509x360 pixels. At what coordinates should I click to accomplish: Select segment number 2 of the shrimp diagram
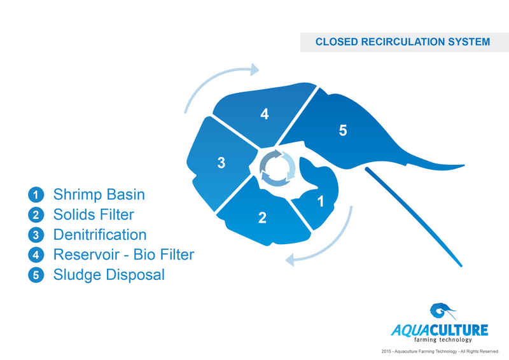pyautogui.click(x=262, y=218)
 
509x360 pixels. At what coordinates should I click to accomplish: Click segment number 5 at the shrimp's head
pyautogui.click(x=343, y=130)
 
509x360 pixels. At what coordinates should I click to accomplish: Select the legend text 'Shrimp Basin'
pyautogui.click(x=99, y=194)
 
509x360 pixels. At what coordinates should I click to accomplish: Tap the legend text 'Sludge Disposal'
pyautogui.click(x=109, y=275)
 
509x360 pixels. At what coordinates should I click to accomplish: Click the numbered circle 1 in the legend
pyautogui.click(x=37, y=195)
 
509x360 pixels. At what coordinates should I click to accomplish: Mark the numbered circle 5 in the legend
pyautogui.click(x=37, y=276)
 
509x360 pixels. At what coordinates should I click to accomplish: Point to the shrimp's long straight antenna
pyautogui.click(x=414, y=216)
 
